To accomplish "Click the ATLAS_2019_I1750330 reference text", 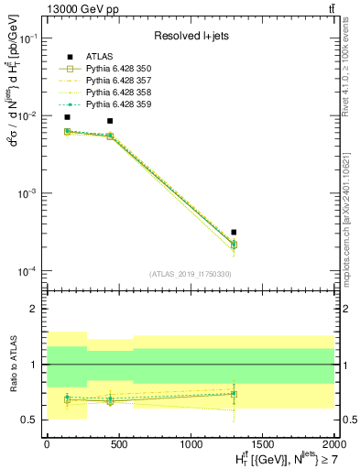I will coord(191,274).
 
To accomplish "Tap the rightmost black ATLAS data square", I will coord(235,233).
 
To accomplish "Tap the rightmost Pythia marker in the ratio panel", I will coord(235,394).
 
